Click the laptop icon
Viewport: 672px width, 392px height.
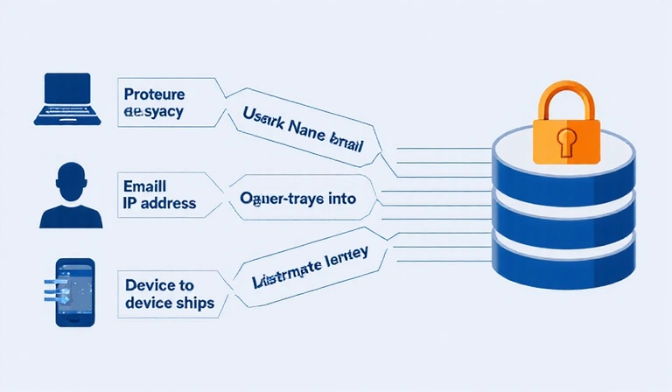coord(66,98)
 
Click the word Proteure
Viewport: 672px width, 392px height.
coord(154,93)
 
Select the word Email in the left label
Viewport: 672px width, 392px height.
coord(144,185)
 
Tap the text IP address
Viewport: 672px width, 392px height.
coord(160,204)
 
